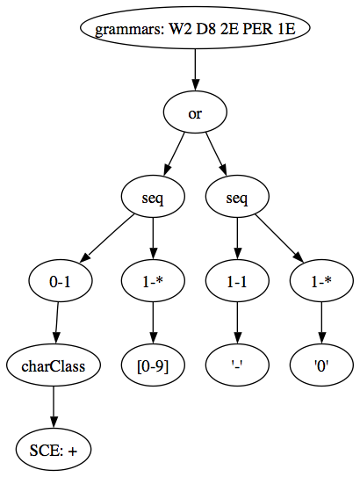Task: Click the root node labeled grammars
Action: click(x=195, y=28)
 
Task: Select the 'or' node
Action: click(x=195, y=112)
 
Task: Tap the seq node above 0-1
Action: click(x=153, y=197)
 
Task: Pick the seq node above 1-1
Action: click(x=237, y=197)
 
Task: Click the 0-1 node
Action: click(x=61, y=281)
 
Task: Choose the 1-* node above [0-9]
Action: click(x=153, y=281)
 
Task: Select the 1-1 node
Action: click(x=237, y=281)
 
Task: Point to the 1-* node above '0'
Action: click(x=322, y=281)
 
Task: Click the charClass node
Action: click(x=54, y=365)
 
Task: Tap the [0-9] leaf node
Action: click(x=153, y=365)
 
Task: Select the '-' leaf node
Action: click(x=237, y=365)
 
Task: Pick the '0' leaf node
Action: click(x=322, y=365)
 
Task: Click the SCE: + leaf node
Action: click(x=54, y=450)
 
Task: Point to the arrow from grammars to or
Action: click(x=195, y=70)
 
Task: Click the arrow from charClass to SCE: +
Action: click(x=54, y=408)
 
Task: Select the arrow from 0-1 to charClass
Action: click(x=56, y=322)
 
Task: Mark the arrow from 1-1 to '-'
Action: click(x=237, y=322)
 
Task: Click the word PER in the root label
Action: click(x=257, y=30)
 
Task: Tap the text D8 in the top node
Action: click(x=205, y=30)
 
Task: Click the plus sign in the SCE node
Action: click(x=73, y=452)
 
